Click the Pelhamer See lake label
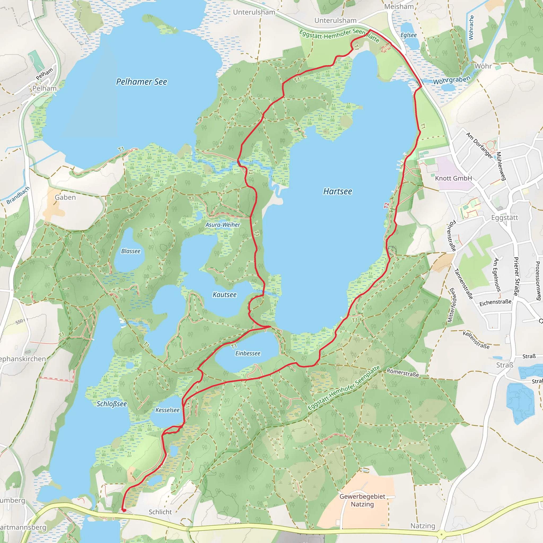pos(141,82)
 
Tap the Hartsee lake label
pos(337,191)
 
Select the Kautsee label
pos(224,295)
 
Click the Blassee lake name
pos(131,251)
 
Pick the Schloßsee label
pos(112,404)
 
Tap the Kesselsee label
pos(167,410)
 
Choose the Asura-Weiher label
pos(223,225)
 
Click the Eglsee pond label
pos(408,35)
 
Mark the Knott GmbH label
pos(453,178)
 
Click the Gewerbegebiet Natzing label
pos(362,500)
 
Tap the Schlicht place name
pos(160,512)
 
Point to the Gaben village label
pos(65,197)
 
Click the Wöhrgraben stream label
pos(451,80)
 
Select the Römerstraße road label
pos(402,373)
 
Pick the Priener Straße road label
pos(516,276)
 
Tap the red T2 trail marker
pos(387,206)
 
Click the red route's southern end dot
pos(123,510)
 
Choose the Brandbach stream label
pos(18,195)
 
